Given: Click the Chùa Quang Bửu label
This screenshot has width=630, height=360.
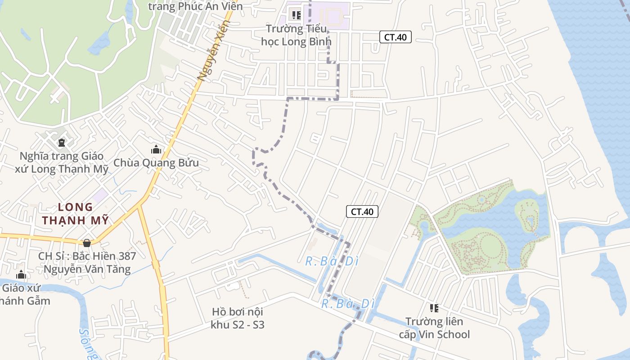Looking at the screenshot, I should point(156,162).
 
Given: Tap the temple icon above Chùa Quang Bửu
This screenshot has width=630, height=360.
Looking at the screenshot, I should point(156,149).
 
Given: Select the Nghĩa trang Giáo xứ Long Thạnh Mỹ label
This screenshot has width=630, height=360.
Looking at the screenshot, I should point(62,162).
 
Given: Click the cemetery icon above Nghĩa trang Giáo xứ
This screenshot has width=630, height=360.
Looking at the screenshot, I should point(62,143).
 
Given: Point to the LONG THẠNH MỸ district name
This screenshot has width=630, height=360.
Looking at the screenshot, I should point(75,214).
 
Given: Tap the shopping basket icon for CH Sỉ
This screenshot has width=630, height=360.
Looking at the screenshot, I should point(87,243).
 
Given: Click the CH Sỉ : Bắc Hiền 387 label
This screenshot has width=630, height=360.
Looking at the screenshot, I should point(87,256).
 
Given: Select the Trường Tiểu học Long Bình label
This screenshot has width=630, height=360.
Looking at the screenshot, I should point(296,35).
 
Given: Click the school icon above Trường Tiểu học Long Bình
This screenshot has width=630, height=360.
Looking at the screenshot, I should point(296,15).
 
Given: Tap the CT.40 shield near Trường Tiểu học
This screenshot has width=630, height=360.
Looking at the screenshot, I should point(396,37).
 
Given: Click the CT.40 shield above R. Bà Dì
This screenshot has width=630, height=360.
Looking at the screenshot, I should point(362,211).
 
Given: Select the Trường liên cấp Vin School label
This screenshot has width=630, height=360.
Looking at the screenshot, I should point(434,328).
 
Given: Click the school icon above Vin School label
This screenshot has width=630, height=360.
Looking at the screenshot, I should point(434,308).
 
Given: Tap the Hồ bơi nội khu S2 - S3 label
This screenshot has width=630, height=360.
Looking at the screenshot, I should point(238,318).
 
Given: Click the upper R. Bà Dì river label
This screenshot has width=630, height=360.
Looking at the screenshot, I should point(332,261).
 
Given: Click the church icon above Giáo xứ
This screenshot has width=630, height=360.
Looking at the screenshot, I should point(21,275).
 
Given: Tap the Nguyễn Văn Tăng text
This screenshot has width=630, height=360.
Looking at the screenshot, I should point(87,269).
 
